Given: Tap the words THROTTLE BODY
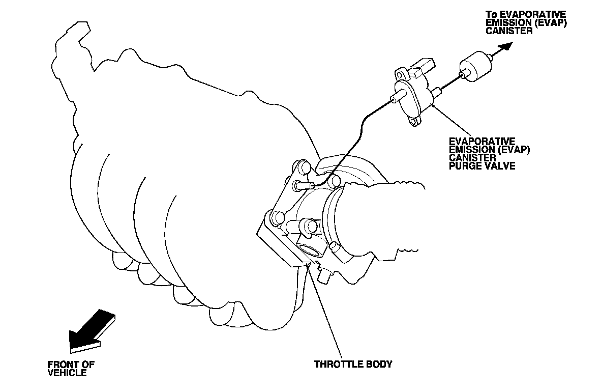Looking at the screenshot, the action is point(353,364).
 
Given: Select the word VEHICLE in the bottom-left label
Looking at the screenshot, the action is point(67,373).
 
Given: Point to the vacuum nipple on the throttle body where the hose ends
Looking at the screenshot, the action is point(302,185).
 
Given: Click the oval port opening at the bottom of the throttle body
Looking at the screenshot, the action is point(309,251).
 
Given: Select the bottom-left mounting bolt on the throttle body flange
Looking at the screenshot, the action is point(278,219).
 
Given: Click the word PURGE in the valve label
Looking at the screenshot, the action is point(462,166).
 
